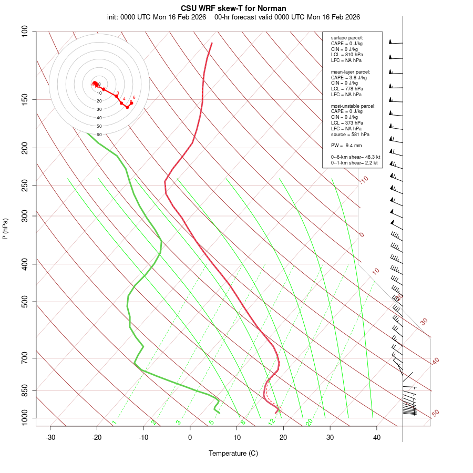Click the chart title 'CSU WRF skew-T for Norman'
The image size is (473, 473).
(233, 8)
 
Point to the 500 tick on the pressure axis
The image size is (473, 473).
(24, 302)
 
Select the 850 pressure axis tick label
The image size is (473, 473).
(24, 390)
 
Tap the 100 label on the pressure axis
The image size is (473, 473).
(24, 32)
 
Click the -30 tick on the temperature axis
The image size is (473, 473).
(50, 437)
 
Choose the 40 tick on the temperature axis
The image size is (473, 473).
(376, 437)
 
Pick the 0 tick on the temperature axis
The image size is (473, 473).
(190, 437)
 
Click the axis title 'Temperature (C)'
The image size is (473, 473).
(233, 453)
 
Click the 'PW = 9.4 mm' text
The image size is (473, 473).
(346, 145)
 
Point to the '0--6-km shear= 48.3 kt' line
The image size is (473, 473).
(355, 157)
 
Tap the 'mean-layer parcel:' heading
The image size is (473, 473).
(351, 71)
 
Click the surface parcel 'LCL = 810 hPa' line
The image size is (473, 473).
(347, 55)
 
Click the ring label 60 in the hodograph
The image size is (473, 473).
(99, 135)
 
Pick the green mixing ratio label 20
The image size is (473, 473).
(310, 421)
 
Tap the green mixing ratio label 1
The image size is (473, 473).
(114, 422)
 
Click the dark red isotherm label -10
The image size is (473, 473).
(364, 180)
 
